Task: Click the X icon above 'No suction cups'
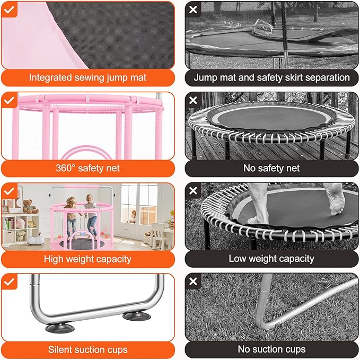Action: [x=193, y=282]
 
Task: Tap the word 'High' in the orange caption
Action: [x=55, y=259]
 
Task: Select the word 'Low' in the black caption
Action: [x=238, y=259]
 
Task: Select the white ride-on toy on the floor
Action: [x=36, y=237]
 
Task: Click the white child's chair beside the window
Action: [x=158, y=232]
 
